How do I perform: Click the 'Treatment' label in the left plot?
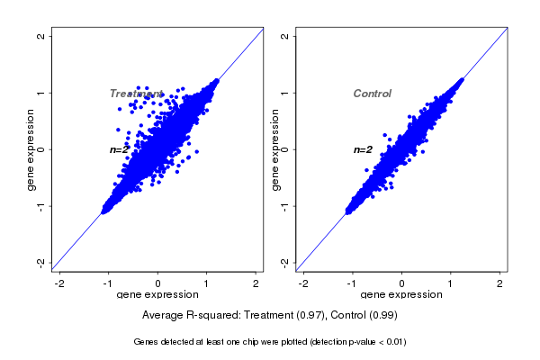(x=136, y=94)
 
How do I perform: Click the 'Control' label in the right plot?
(x=372, y=94)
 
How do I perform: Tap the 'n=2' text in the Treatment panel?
(x=120, y=149)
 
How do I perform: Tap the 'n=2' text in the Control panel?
(x=363, y=149)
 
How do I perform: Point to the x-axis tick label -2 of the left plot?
(x=60, y=283)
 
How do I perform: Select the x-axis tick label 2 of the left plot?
(x=257, y=283)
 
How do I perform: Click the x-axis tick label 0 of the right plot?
(x=402, y=283)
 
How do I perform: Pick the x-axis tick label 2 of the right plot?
(x=501, y=283)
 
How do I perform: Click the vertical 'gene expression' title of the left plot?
(x=31, y=149)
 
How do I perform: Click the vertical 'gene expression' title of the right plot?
(x=274, y=149)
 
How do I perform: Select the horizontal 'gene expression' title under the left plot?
(x=157, y=295)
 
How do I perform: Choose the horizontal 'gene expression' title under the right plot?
(x=401, y=295)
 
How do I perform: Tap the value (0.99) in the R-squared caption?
(x=382, y=316)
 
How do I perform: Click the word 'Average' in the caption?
(x=163, y=316)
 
